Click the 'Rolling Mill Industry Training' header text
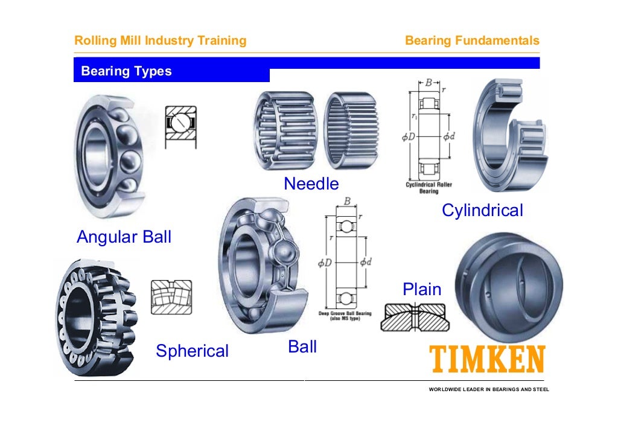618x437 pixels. point(160,41)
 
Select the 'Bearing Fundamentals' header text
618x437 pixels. point(472,41)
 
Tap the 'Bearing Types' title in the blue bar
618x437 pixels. point(126,71)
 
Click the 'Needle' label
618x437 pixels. point(311,183)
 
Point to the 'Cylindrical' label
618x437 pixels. point(482,211)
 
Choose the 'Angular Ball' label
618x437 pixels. point(124,237)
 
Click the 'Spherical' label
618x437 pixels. point(192,351)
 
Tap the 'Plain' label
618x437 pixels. point(422,290)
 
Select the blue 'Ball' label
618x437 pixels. point(302,347)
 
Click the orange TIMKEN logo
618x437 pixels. point(487,360)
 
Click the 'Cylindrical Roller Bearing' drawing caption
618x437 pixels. point(428,188)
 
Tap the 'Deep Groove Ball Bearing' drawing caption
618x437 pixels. point(345,316)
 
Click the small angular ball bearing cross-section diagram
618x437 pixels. point(180,124)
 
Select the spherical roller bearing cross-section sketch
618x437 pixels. point(171,297)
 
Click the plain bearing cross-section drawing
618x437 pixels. point(415,318)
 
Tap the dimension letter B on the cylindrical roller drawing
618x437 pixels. point(429,82)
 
